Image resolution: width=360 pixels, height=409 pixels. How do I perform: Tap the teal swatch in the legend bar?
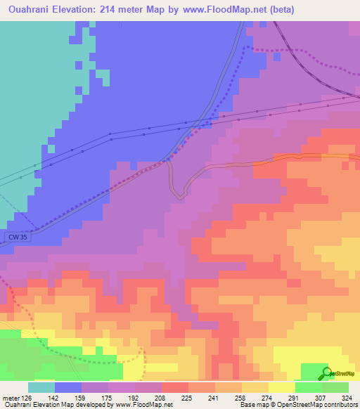(41, 387)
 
